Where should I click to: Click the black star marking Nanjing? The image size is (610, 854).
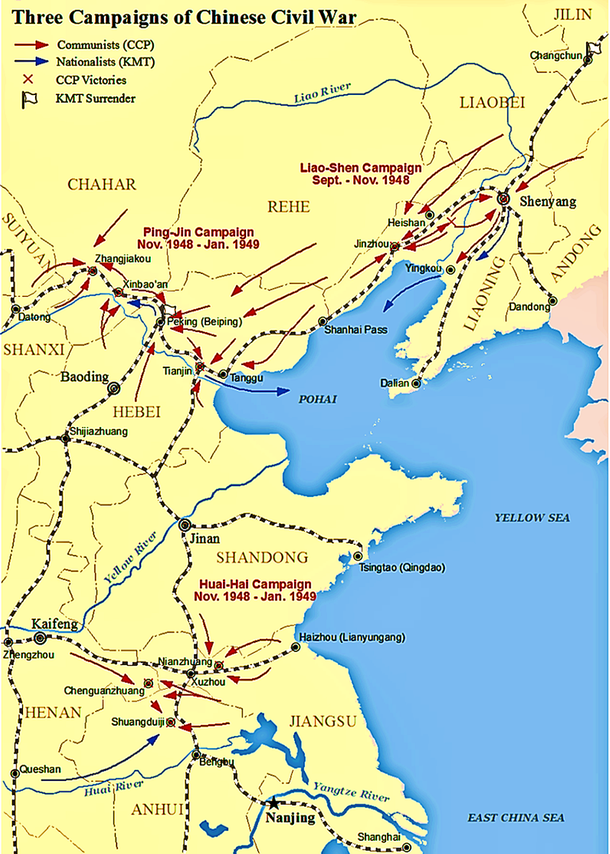pos(274,803)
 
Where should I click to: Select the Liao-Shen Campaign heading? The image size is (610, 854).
pos(361,174)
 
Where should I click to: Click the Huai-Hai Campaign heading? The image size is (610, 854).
pos(255,590)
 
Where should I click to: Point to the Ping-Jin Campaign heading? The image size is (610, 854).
pos(198,238)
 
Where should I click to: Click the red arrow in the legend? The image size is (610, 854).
pos(31,45)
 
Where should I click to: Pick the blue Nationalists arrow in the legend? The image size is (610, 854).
pos(31,61)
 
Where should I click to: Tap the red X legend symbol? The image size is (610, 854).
pos(28,80)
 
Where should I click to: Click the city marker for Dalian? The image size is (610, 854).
pos(416,383)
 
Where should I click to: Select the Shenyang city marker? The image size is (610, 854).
pos(503,199)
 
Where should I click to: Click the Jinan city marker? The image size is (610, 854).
pos(184,524)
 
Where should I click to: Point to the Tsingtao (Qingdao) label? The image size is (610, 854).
pos(402,567)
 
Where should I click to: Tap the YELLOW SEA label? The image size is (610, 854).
pos(532,518)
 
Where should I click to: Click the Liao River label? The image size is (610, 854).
pos(322,93)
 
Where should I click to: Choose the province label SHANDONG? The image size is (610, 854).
pos(262,558)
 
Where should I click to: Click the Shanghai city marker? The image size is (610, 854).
pos(406,847)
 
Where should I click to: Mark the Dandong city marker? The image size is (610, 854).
pos(553,301)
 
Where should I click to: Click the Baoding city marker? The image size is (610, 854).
pos(114,389)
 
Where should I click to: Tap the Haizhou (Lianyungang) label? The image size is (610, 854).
pos(351,637)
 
